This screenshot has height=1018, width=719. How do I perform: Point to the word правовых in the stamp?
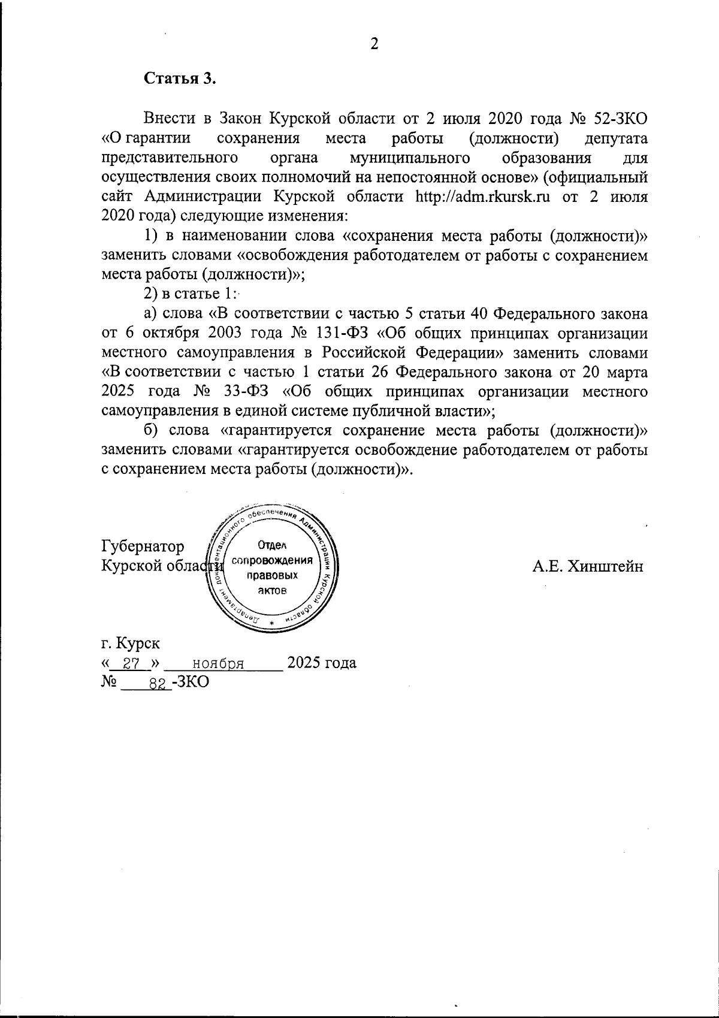click(x=273, y=576)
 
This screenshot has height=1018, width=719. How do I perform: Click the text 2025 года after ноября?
click(x=322, y=663)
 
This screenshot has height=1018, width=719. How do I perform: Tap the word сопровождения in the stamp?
click(x=273, y=561)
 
